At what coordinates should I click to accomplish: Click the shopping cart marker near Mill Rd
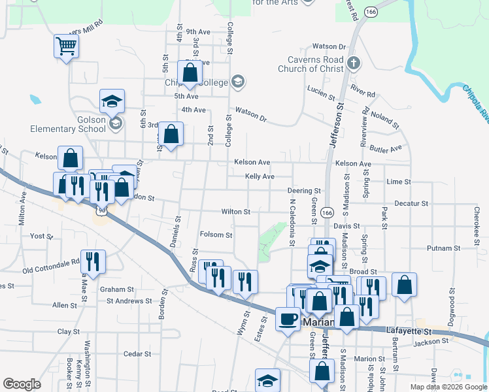click(x=66, y=46)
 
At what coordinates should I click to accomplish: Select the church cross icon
click(x=354, y=63)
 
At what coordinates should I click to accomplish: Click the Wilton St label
click(x=235, y=212)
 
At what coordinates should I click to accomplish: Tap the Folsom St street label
click(x=216, y=235)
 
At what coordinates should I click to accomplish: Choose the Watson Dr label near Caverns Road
click(x=329, y=46)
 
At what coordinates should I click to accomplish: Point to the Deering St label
click(x=303, y=190)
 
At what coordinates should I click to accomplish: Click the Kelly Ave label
click(x=260, y=176)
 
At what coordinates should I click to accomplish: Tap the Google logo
click(x=22, y=384)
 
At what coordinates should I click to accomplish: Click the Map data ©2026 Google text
click(x=448, y=387)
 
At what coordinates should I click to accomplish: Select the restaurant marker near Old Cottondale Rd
click(x=92, y=261)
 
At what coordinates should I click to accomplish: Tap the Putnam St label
click(x=444, y=248)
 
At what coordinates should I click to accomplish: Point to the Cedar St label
click(x=137, y=354)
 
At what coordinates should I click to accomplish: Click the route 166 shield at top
click(x=372, y=12)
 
